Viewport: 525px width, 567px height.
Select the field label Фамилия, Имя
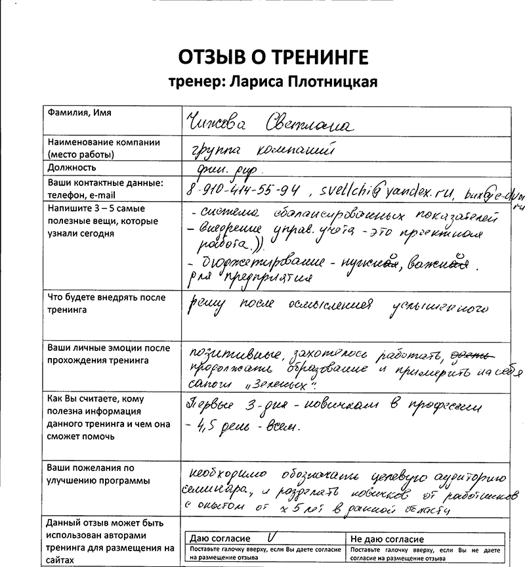(79, 113)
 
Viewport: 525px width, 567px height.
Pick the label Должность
(72, 168)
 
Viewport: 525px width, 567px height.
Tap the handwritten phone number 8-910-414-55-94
(243, 191)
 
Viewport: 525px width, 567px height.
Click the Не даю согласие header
(388, 539)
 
